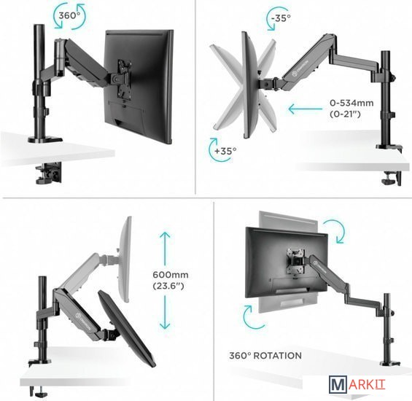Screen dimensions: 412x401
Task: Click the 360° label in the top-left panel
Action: [x=69, y=16]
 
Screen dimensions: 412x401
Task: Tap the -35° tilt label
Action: [x=281, y=18]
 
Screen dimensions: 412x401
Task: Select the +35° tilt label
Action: [x=225, y=151]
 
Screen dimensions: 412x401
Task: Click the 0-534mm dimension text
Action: [x=351, y=103]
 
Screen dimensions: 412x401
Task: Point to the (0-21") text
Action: [x=345, y=114]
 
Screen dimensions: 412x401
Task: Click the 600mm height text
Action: [x=171, y=275]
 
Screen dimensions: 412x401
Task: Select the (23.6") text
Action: [x=168, y=286]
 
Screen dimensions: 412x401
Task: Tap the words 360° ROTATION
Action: [x=265, y=356]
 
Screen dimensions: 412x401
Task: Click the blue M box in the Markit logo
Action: [x=337, y=384]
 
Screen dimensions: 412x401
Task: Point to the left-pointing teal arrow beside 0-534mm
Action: [x=306, y=109]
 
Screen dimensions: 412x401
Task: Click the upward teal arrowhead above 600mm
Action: [x=165, y=235]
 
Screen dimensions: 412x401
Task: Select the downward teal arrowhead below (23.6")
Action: [x=165, y=326]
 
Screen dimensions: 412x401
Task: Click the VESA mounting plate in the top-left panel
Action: [x=123, y=79]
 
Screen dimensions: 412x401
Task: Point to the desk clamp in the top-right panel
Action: [x=392, y=178]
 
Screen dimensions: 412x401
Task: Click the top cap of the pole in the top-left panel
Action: [x=39, y=26]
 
